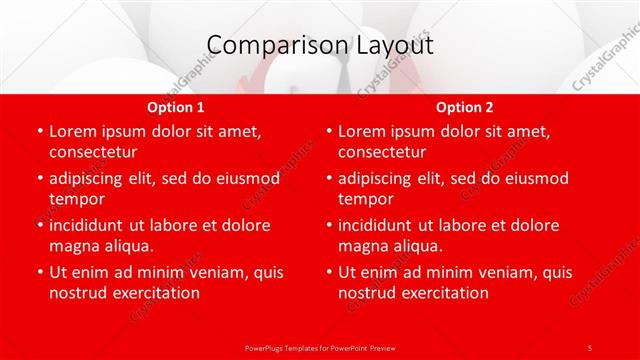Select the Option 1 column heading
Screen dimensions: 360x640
[x=176, y=107]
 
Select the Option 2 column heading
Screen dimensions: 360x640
[x=465, y=107]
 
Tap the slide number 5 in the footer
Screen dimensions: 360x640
[x=590, y=347]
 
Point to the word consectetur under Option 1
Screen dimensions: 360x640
[x=92, y=152]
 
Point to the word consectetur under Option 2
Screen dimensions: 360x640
[x=381, y=152]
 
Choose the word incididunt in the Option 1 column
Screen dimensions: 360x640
[x=90, y=225]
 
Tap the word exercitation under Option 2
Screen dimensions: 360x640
[x=443, y=293]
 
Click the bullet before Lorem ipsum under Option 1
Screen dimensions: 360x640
[x=39, y=131]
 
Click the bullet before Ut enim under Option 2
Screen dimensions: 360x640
[x=328, y=272]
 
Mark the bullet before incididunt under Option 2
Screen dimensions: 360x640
[x=328, y=225]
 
